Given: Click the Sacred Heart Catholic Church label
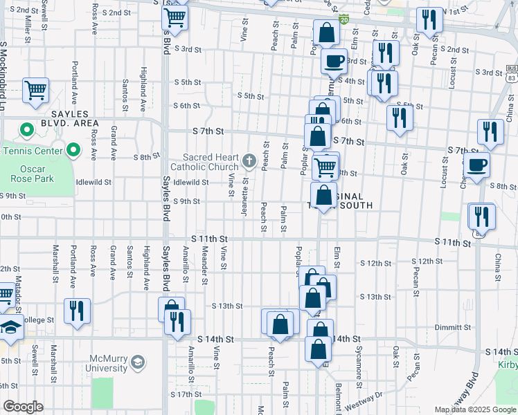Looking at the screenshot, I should point(211,162).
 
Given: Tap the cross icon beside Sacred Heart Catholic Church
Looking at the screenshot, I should point(249,162).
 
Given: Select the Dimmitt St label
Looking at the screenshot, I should point(454,328).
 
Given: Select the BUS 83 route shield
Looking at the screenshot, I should point(511,73).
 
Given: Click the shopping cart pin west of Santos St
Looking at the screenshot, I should point(35,89).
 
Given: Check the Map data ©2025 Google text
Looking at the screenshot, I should point(474,409).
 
